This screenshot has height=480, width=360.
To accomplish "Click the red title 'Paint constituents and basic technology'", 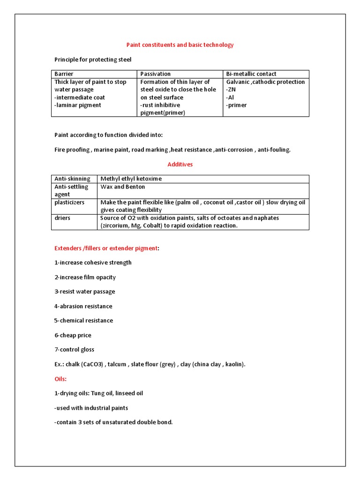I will click(180, 45).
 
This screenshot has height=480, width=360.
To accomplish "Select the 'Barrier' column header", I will click(64, 74).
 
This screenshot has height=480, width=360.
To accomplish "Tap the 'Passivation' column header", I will click(156, 74).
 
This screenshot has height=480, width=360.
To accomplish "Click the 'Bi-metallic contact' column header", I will click(251, 74).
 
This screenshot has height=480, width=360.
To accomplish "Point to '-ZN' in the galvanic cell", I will click(232, 90).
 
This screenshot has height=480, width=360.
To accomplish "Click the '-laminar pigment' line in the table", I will click(78, 105).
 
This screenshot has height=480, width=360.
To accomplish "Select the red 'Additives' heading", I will click(180, 165).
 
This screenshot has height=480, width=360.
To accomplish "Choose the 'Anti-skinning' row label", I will click(72, 179).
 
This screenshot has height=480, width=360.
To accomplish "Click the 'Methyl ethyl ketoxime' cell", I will click(130, 179).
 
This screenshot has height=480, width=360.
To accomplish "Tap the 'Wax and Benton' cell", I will click(123, 187).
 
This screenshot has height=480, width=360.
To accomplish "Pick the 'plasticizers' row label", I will click(69, 202).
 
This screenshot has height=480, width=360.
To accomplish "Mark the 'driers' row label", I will click(62, 218).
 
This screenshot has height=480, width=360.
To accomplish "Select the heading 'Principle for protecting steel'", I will click(93, 60).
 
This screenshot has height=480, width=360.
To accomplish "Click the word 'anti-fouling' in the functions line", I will click(273, 150).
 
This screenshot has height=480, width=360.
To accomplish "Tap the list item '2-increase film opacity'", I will click(85, 277).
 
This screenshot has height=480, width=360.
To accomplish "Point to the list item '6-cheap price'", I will click(73, 335).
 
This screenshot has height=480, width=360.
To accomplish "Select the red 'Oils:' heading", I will click(60, 379).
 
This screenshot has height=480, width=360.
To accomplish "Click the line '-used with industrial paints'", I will click(91, 408).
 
